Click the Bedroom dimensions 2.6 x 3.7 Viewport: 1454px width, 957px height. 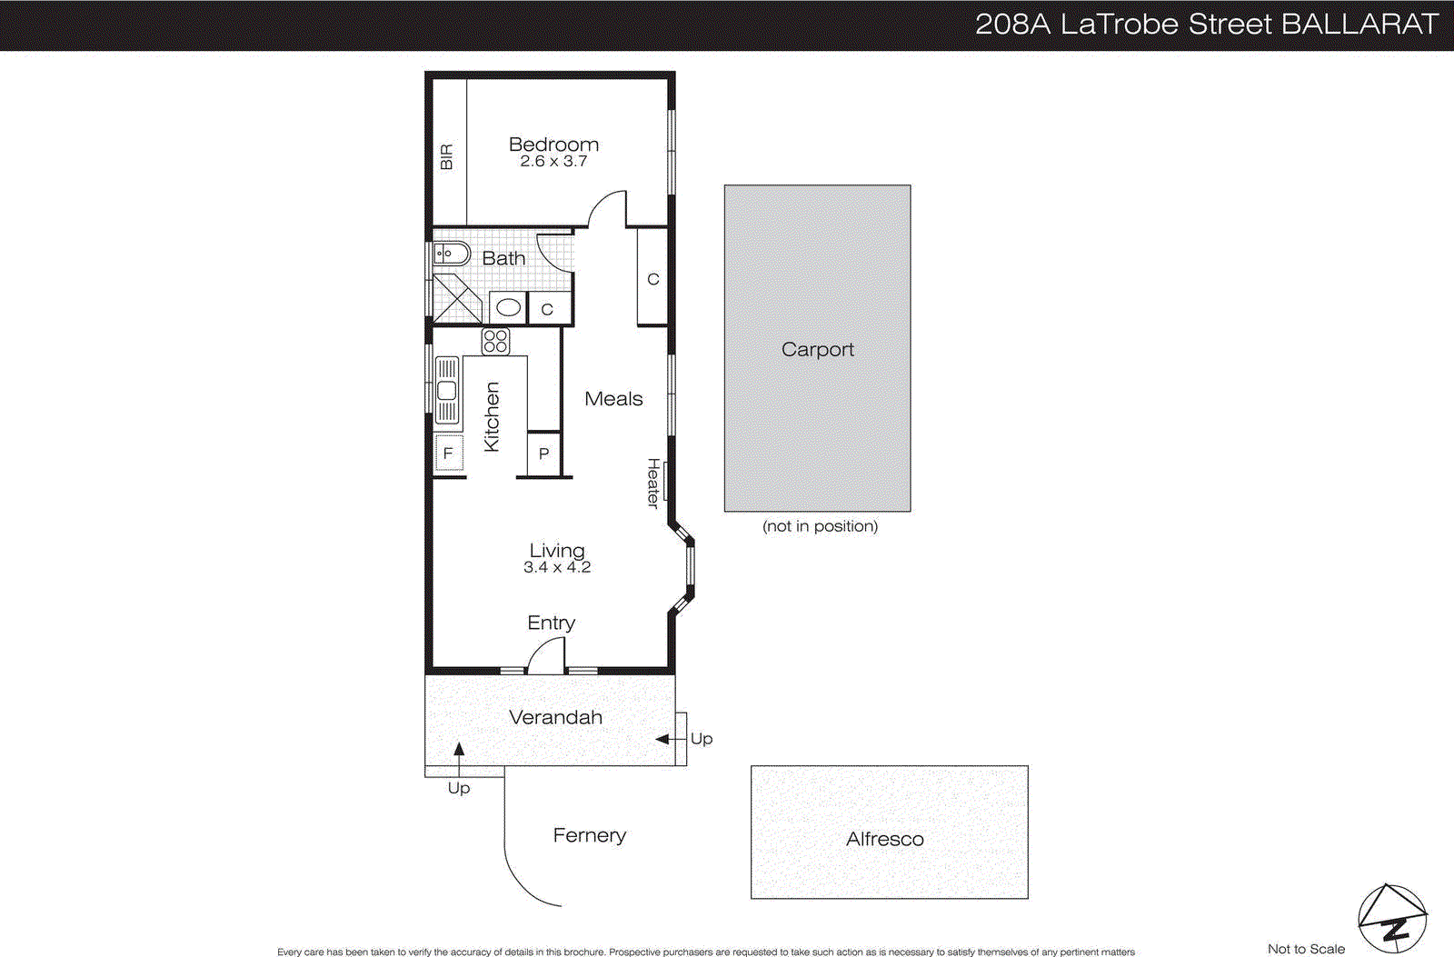point(553,162)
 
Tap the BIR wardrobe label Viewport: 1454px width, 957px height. point(446,156)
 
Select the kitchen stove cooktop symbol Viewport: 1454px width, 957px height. point(495,342)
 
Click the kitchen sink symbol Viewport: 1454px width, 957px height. point(447,391)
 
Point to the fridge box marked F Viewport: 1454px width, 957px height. point(448,454)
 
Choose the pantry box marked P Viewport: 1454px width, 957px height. point(543,454)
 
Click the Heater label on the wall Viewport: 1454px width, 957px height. point(653,483)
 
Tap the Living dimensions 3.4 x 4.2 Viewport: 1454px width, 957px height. point(557,567)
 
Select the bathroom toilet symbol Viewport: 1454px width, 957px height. point(451,254)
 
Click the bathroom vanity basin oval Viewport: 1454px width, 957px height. point(509,307)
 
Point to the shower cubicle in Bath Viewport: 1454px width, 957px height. point(456,298)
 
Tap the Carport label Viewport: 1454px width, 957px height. point(817,350)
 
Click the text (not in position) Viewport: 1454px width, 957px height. point(820,526)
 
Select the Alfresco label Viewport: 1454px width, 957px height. point(884,840)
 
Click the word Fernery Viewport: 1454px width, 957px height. point(589,835)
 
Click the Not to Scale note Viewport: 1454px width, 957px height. point(1306,949)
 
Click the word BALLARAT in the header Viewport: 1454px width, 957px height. point(1359,25)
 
